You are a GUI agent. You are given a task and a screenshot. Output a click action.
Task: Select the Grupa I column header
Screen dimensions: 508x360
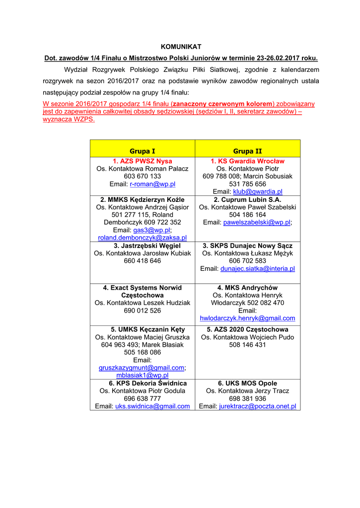point(143,151)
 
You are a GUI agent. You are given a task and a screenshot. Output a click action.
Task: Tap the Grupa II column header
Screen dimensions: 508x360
point(247,151)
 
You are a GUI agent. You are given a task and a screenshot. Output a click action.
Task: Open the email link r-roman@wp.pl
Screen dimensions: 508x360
point(152,184)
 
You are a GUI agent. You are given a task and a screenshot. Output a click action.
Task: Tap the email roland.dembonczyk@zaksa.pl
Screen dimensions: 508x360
point(143,238)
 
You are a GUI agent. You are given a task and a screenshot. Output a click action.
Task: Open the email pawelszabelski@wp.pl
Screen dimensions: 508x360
point(257,222)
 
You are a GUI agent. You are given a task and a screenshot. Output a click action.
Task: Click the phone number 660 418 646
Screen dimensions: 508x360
point(143,261)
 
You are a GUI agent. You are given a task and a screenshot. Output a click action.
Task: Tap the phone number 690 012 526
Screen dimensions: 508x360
point(143,311)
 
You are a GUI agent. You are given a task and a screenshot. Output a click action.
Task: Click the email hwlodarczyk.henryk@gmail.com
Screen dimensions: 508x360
point(247,318)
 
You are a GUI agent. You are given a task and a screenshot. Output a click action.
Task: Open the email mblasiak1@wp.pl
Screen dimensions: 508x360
point(143,376)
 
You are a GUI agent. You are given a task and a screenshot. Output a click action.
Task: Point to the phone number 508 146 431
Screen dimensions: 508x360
point(247,345)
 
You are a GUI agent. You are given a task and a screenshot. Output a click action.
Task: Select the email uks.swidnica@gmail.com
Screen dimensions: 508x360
point(152,406)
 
